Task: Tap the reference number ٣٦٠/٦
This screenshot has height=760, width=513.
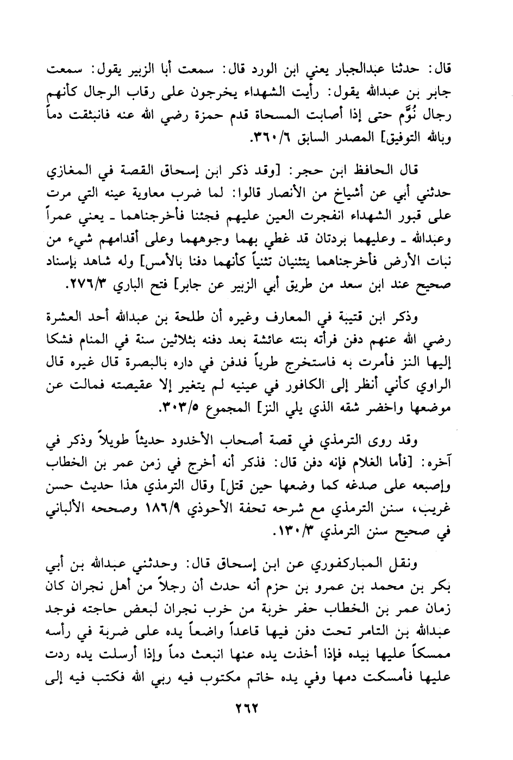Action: pos(270,139)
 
